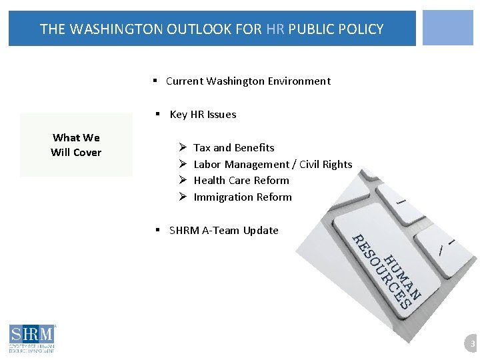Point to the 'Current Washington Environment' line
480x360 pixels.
point(248,81)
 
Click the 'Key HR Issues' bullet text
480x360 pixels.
point(203,115)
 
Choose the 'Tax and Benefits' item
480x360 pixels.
point(233,148)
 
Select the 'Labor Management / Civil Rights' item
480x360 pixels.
point(273,165)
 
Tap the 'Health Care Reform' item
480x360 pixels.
point(241,181)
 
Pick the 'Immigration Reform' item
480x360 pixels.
point(243,197)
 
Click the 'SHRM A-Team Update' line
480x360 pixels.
point(223,231)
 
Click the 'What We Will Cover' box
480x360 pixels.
point(76,145)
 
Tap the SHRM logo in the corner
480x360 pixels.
point(32,337)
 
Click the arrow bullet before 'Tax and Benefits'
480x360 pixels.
point(182,148)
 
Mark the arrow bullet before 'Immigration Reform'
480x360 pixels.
point(182,197)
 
